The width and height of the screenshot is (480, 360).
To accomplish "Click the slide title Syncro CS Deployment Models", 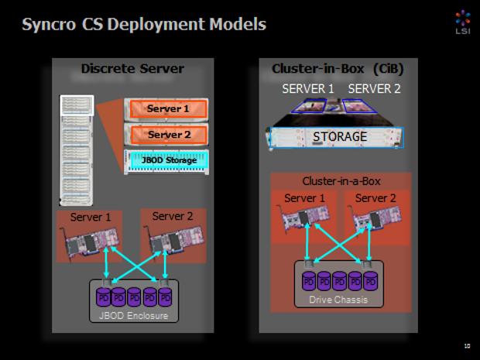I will (144, 24).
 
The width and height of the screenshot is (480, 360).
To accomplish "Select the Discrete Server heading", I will (132, 69).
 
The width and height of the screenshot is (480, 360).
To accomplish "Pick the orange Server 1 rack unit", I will (168, 109).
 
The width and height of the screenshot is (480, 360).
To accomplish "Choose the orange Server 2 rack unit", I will (168, 135).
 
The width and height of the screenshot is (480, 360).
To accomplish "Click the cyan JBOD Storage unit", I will (168, 160).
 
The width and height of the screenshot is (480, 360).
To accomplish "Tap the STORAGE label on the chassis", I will (340, 137).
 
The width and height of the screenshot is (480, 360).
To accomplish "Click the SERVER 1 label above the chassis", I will (307, 89).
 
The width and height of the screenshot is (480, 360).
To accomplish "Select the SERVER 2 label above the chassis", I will (374, 89).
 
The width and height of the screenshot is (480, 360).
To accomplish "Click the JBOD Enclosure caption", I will (132, 315).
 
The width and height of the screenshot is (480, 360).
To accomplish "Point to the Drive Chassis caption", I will (338, 299).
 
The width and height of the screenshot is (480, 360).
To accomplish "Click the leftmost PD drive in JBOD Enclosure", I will (103, 297).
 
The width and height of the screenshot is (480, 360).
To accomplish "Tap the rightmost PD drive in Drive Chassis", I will (371, 279).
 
